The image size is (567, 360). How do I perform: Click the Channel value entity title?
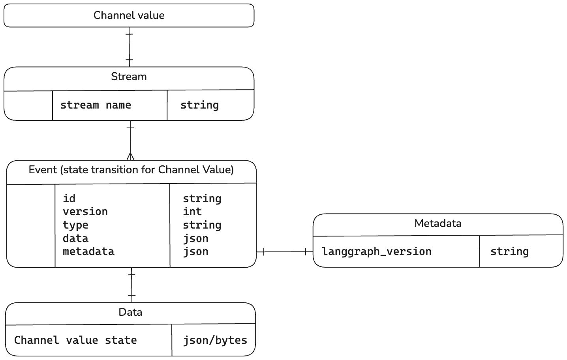[x=129, y=15]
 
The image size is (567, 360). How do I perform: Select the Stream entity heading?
[x=129, y=77]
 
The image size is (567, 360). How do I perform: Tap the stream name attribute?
[x=96, y=105]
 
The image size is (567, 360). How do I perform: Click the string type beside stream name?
[x=199, y=105]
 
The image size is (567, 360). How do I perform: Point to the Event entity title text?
[x=131, y=170]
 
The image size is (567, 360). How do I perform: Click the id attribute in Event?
[x=69, y=199]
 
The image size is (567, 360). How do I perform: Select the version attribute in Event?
[x=85, y=212]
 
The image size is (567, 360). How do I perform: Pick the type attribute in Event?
[x=75, y=225]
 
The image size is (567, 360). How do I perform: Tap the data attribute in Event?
[x=75, y=238]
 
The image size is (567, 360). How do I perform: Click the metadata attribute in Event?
[x=88, y=251]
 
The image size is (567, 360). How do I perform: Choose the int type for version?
[x=192, y=212]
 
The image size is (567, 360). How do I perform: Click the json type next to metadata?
[x=195, y=251]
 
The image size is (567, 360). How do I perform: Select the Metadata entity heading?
[x=437, y=223]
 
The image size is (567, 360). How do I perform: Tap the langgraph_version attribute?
[x=377, y=251]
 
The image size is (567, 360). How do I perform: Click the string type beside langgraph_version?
[x=509, y=251]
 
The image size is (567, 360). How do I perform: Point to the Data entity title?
[x=130, y=312]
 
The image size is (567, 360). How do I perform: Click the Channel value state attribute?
[x=75, y=340]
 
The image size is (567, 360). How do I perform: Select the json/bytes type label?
[x=215, y=340]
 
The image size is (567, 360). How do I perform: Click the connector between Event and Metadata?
[x=285, y=252]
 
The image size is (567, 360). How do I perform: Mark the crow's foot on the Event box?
[x=130, y=156]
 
